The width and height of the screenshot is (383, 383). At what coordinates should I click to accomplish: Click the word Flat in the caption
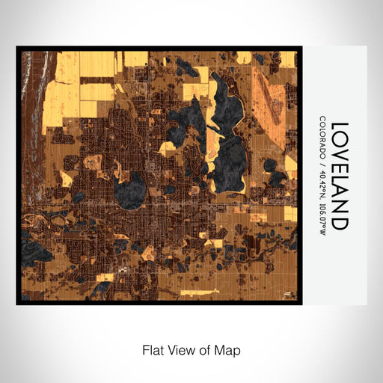[x=153, y=349]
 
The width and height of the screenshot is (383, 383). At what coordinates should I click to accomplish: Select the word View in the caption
[x=182, y=349]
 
